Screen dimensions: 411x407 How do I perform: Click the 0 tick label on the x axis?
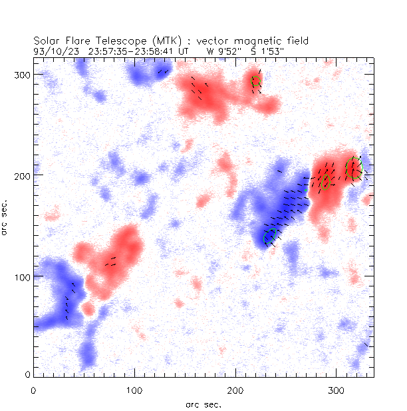point(33,389)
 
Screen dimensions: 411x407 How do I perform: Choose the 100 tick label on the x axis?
point(134,389)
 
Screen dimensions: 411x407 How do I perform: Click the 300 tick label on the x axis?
point(336,389)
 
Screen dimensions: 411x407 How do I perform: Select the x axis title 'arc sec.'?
point(203,404)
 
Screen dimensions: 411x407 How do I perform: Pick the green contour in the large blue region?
point(269,236)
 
